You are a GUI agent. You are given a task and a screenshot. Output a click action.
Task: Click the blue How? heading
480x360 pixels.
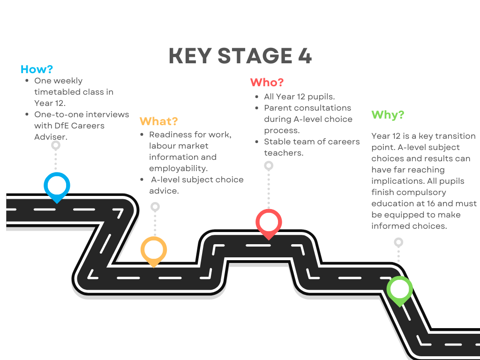[x=37, y=69]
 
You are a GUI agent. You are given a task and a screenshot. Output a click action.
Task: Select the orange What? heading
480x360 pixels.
[x=158, y=121]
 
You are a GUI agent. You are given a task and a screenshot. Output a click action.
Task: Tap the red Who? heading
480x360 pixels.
[x=267, y=82]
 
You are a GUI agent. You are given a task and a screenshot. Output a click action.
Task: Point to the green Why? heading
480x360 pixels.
[x=388, y=115]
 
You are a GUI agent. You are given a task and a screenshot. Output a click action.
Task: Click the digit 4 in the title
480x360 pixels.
[x=305, y=56]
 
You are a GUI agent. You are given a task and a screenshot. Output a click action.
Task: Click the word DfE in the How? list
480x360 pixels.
[x=62, y=126]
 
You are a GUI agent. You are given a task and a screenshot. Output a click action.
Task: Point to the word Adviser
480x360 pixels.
[x=51, y=137]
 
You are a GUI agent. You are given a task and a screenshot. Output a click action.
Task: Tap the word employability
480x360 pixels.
[x=178, y=169]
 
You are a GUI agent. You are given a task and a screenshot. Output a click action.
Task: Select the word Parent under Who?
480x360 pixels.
[x=277, y=108]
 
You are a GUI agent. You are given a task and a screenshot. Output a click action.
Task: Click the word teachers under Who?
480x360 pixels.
[x=284, y=153]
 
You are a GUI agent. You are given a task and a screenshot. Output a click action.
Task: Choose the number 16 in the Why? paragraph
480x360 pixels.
[x=431, y=203]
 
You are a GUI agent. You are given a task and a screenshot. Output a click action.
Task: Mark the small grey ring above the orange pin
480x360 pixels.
[x=155, y=207]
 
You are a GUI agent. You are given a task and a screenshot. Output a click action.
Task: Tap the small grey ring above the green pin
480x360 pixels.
[x=398, y=242]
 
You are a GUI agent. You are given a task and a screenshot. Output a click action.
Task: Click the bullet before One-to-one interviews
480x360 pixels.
[x=27, y=114]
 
